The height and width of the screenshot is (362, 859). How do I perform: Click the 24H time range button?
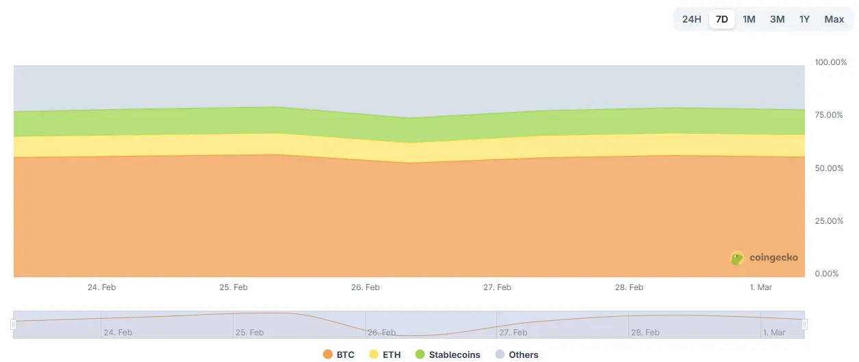691,19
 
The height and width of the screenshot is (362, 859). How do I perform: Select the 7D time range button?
721,19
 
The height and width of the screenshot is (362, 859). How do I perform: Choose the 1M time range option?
749,19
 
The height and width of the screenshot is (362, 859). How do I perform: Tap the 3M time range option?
777,19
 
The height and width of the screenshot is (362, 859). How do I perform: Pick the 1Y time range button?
804,19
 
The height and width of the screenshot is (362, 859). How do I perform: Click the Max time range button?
834,19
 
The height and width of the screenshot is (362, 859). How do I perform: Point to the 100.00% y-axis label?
830,62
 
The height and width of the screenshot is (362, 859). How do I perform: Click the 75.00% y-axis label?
828,115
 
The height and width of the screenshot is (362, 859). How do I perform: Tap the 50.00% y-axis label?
828,168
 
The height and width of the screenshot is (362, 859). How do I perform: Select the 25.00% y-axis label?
828,221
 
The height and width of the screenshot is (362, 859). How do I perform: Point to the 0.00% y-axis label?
826,274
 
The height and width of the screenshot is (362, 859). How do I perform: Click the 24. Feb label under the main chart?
101,287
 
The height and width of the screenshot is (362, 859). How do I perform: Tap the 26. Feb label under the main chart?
365,287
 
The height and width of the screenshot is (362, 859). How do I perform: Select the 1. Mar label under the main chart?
760,287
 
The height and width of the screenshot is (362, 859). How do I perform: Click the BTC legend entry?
339,354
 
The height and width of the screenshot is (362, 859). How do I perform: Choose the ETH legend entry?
385,354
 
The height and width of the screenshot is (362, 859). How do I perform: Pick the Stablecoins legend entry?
448,354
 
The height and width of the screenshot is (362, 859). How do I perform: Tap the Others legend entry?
517,354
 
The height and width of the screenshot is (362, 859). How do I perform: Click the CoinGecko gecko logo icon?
737,258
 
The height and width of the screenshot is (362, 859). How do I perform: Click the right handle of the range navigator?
805,324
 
